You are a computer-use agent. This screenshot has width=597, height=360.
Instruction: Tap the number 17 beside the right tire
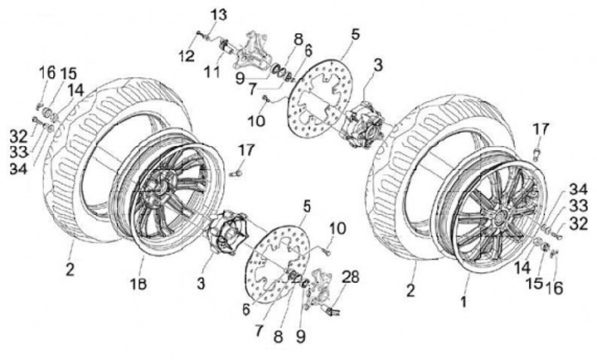[541, 129]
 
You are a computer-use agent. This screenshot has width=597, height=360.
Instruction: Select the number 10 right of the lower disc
[337, 228]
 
